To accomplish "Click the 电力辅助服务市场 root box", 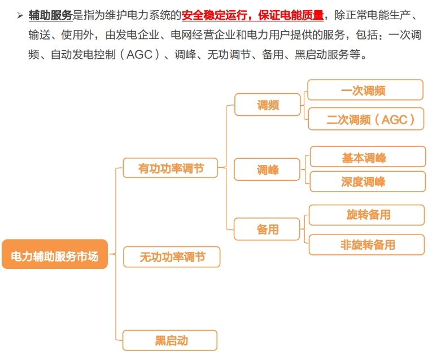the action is tap(55, 256).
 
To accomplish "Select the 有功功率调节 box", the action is tap(171, 168).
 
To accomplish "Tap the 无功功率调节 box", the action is tap(172, 257).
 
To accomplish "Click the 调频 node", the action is tap(268, 105).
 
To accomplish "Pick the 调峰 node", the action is tap(268, 170).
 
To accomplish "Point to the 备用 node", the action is tap(268, 229).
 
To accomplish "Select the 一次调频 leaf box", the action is tap(365, 90).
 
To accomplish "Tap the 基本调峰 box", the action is tap(368, 158).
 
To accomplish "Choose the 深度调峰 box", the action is tap(368, 182).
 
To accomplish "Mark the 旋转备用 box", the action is tap(368, 215).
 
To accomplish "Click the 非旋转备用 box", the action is tap(368, 245).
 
